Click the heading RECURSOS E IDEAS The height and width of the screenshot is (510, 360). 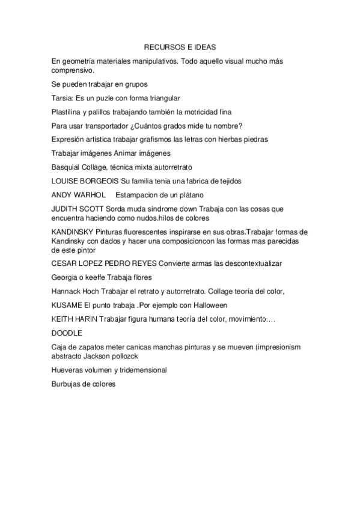(x=180, y=46)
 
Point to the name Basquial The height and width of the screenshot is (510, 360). (x=66, y=167)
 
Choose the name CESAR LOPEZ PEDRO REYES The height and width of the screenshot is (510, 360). (x=110, y=263)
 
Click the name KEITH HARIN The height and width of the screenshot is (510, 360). (x=75, y=319)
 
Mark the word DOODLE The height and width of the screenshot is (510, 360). (x=67, y=333)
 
